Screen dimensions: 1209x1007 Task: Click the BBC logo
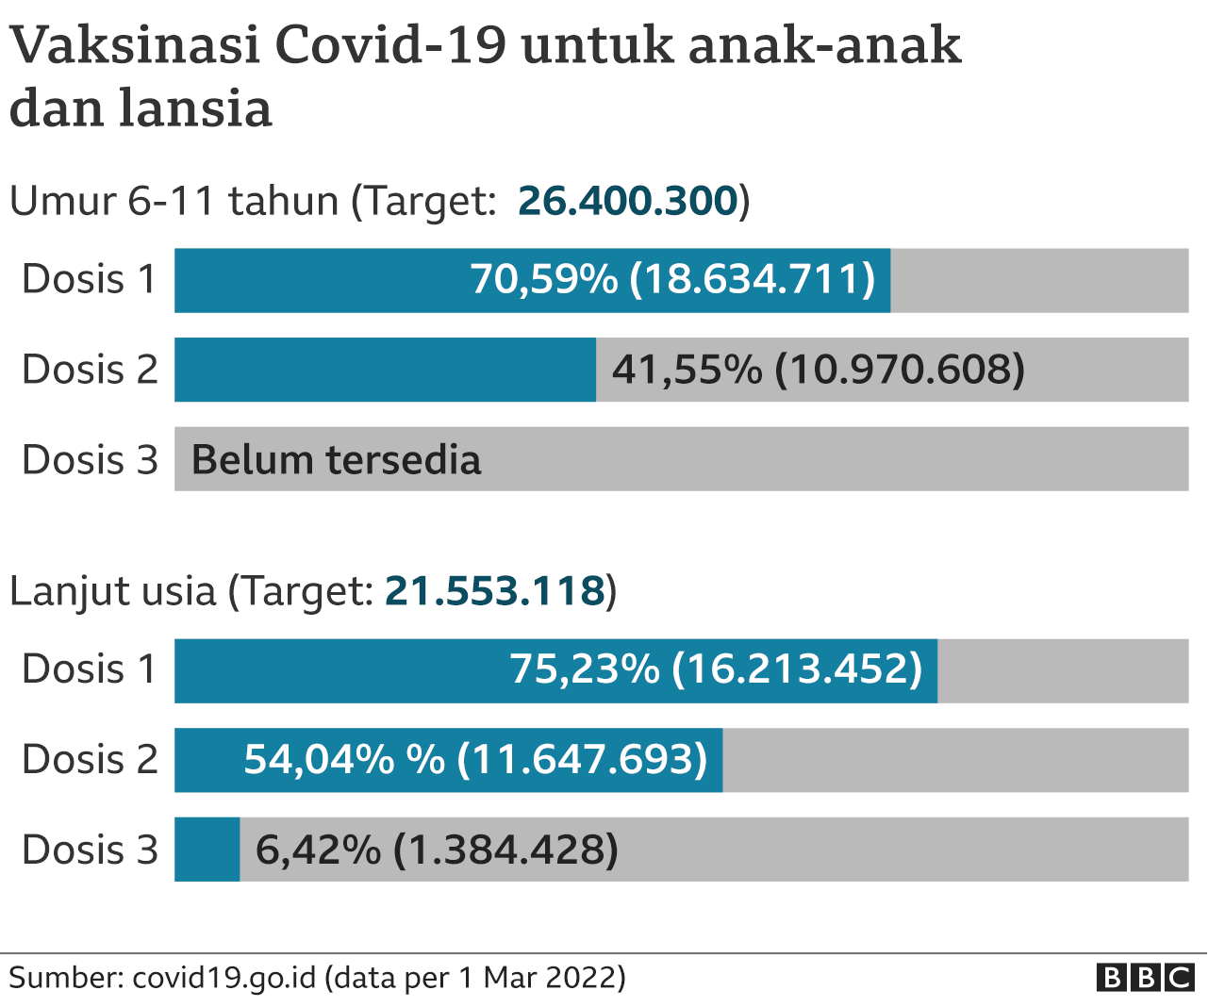coord(1145,978)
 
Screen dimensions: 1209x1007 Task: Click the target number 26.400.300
coord(628,200)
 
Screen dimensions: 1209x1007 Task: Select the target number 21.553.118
coord(495,590)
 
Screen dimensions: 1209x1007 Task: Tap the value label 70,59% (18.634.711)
coord(672,279)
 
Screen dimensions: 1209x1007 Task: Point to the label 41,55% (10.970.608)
coord(819,370)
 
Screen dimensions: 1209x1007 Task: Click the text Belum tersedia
coord(336,460)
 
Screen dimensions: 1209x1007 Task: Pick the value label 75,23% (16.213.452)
coord(716,669)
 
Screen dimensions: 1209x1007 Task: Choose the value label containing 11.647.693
coord(475,759)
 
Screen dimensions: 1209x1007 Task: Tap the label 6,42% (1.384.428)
coord(437,850)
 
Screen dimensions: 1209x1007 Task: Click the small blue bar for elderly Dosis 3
coord(207,849)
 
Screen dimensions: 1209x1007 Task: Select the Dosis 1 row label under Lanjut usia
coord(90,669)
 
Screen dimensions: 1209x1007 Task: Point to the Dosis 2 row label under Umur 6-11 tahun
coord(90,369)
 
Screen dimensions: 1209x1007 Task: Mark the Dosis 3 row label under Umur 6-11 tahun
coord(90,459)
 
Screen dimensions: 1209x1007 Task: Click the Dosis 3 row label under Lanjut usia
coord(90,850)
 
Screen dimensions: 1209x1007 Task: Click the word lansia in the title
coord(195,107)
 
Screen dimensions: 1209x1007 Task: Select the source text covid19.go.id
coord(224,978)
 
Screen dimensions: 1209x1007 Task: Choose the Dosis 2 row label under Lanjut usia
coord(90,759)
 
